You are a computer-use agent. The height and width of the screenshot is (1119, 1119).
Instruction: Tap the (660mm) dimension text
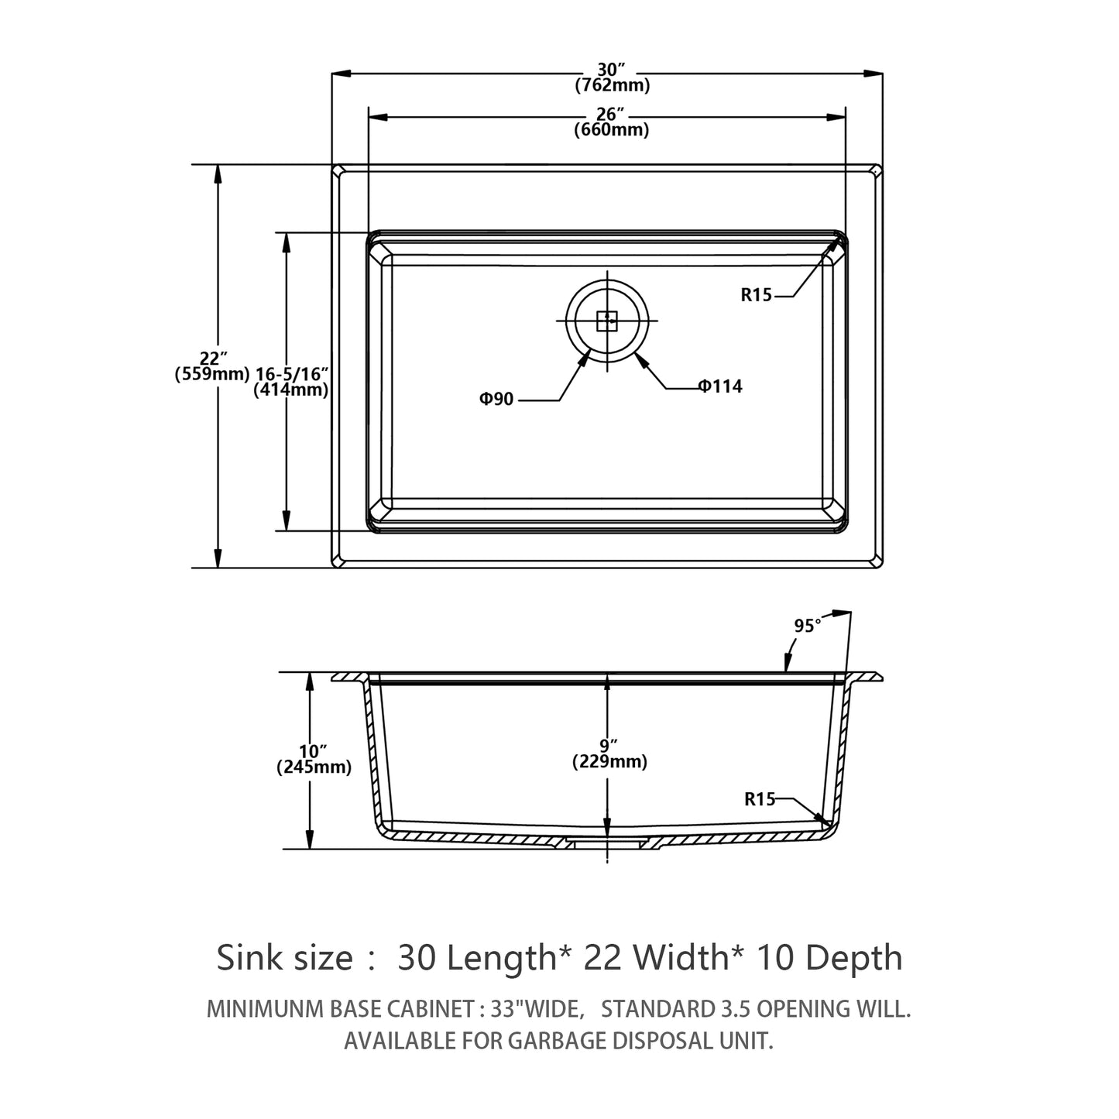[611, 130]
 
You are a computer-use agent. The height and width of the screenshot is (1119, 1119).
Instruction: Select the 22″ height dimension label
[212, 359]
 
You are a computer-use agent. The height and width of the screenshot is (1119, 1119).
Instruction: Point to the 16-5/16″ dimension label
[292, 374]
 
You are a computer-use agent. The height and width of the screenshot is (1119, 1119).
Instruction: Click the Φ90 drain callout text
[496, 400]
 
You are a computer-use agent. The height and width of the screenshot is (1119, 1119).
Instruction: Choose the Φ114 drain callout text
[720, 386]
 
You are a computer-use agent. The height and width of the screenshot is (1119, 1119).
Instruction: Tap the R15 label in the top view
[757, 294]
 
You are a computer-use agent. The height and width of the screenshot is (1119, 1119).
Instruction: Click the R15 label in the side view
[760, 799]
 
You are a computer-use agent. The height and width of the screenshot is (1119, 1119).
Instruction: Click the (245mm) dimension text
[314, 767]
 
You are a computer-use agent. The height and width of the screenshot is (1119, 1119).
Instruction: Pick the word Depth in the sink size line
[856, 958]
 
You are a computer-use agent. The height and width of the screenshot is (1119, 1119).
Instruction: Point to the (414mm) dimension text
[291, 390]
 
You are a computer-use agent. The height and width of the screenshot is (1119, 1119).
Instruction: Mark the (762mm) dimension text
[612, 85]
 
